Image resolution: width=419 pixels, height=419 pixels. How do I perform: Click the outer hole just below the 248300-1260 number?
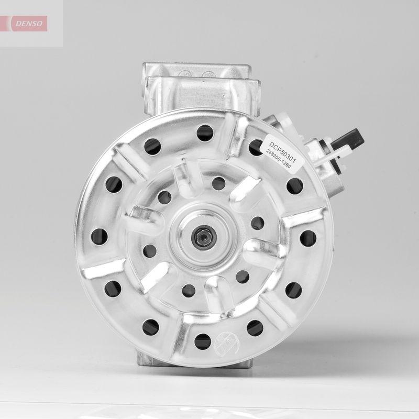(x=295, y=185)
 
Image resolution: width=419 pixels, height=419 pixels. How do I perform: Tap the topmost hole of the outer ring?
(x=203, y=133)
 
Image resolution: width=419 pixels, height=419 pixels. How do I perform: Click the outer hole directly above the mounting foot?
(x=151, y=327)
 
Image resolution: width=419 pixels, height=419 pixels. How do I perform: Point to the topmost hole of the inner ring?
(x=218, y=182)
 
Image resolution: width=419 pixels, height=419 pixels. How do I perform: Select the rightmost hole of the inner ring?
(x=257, y=223)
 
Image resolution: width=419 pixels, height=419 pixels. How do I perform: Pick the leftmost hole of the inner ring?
(x=148, y=251)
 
